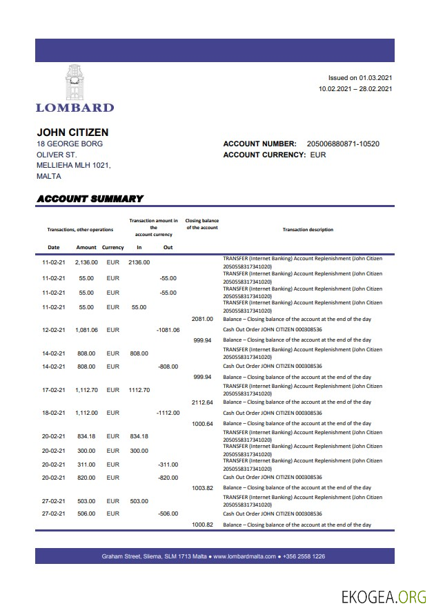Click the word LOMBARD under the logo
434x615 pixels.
pos(75,107)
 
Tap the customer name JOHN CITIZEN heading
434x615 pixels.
pos(72,132)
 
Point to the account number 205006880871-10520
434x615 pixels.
pos(343,144)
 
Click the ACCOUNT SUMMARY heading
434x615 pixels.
pos(90,199)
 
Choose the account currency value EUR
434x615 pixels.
pos(318,155)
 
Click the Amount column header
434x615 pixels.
pos(86,247)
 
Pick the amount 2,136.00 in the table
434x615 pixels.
pos(86,262)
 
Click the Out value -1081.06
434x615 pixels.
pos(168,330)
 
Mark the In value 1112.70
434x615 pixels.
pos(139,390)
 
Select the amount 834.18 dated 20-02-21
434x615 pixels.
pos(87,436)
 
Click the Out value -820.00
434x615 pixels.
pos(168,478)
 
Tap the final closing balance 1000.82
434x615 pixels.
pos(202,525)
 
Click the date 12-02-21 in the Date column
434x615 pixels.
pos(53,330)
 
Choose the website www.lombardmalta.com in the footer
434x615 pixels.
pos(244,556)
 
